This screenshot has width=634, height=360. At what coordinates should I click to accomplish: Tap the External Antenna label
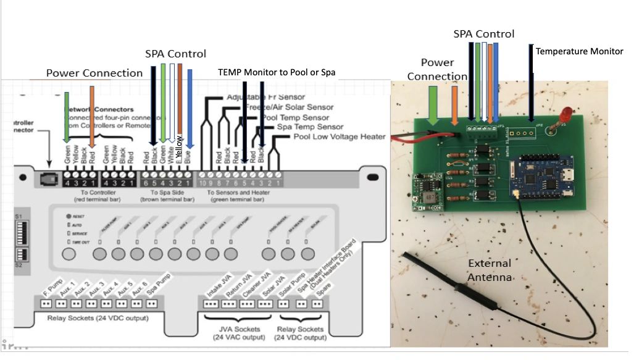[x=490, y=270]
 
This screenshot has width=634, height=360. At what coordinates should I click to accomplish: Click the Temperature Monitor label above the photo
[x=579, y=51]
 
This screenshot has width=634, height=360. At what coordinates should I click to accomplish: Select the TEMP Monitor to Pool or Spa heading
[x=277, y=72]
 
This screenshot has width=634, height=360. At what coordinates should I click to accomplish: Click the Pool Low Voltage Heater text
[x=339, y=136]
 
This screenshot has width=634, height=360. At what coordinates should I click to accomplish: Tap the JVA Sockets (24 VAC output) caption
[x=237, y=333]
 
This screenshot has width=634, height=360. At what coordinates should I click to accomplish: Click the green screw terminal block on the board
[x=482, y=128]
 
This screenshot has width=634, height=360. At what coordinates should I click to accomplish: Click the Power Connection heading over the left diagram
[x=94, y=73]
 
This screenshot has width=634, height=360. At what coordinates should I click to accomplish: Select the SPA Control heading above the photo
[x=484, y=34]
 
